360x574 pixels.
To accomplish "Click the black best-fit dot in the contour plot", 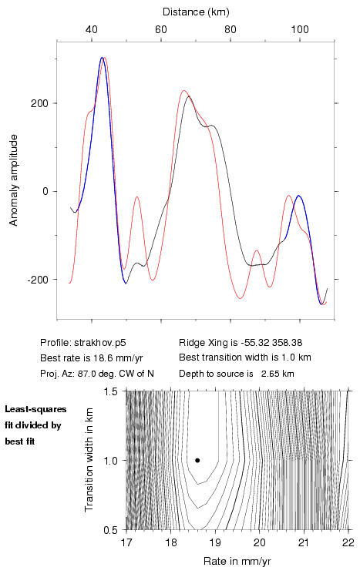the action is [197, 460].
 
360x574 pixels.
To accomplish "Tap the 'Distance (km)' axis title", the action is [196, 12].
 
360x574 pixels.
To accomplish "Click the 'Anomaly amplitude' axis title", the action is [14, 180].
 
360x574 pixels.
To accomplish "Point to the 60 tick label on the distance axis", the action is [161, 29].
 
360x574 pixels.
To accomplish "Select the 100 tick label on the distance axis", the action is [300, 29].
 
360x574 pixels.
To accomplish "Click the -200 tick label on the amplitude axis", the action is [38, 280].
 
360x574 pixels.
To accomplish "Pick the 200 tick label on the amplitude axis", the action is [39, 103].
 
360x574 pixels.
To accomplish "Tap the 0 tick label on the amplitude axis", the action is [45, 191].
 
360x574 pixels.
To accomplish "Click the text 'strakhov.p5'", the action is [100, 343].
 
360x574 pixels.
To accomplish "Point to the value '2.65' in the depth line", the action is [269, 374].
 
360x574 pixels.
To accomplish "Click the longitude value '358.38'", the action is [287, 343].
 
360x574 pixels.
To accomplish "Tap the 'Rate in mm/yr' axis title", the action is [237, 561].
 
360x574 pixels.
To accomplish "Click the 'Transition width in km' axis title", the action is [89, 460].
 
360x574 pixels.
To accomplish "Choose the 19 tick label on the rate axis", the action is [215, 542].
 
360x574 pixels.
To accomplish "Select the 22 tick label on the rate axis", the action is [348, 542].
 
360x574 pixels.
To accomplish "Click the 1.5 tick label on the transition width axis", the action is [110, 391].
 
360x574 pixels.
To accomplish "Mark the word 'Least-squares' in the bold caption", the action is [35, 409].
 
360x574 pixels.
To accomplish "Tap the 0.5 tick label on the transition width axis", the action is [110, 530].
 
